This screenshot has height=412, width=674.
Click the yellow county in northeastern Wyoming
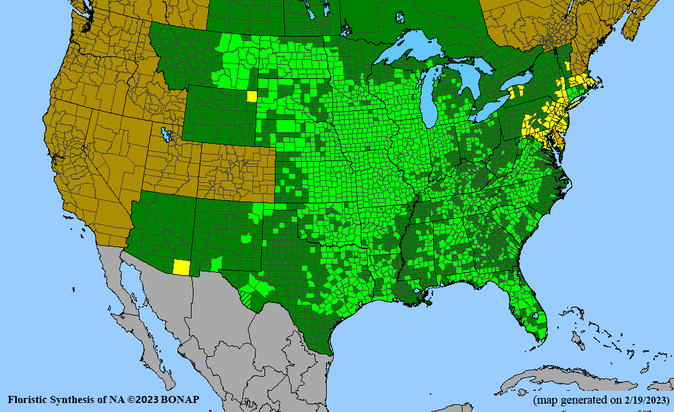tap(252, 96)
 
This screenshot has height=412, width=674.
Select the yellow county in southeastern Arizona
tap(182, 268)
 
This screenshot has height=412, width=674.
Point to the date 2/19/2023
tap(641, 400)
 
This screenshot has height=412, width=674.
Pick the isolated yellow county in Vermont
tap(568, 66)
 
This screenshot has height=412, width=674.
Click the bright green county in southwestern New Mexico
tap(217, 263)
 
